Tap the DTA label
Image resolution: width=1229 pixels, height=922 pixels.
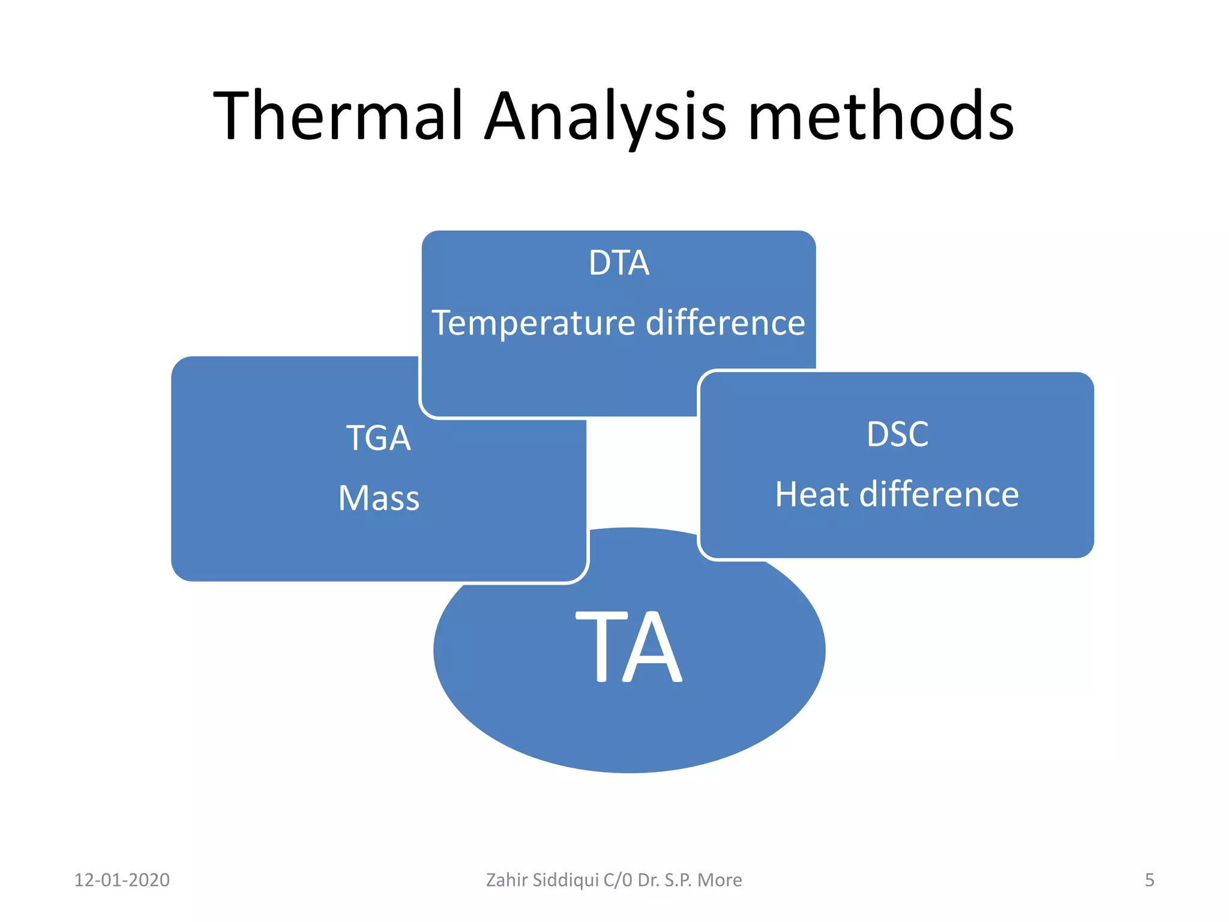(619, 263)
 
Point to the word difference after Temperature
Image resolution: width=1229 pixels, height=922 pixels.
(725, 323)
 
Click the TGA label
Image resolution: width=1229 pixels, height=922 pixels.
(379, 438)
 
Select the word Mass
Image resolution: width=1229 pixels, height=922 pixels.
(379, 498)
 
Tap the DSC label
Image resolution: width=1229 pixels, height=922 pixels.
(897, 434)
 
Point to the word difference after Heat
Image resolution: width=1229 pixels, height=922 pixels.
(939, 495)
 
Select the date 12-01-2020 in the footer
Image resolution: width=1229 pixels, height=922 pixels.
(122, 880)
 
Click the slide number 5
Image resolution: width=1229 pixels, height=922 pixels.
(1149, 880)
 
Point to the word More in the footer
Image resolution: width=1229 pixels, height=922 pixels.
(720, 880)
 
